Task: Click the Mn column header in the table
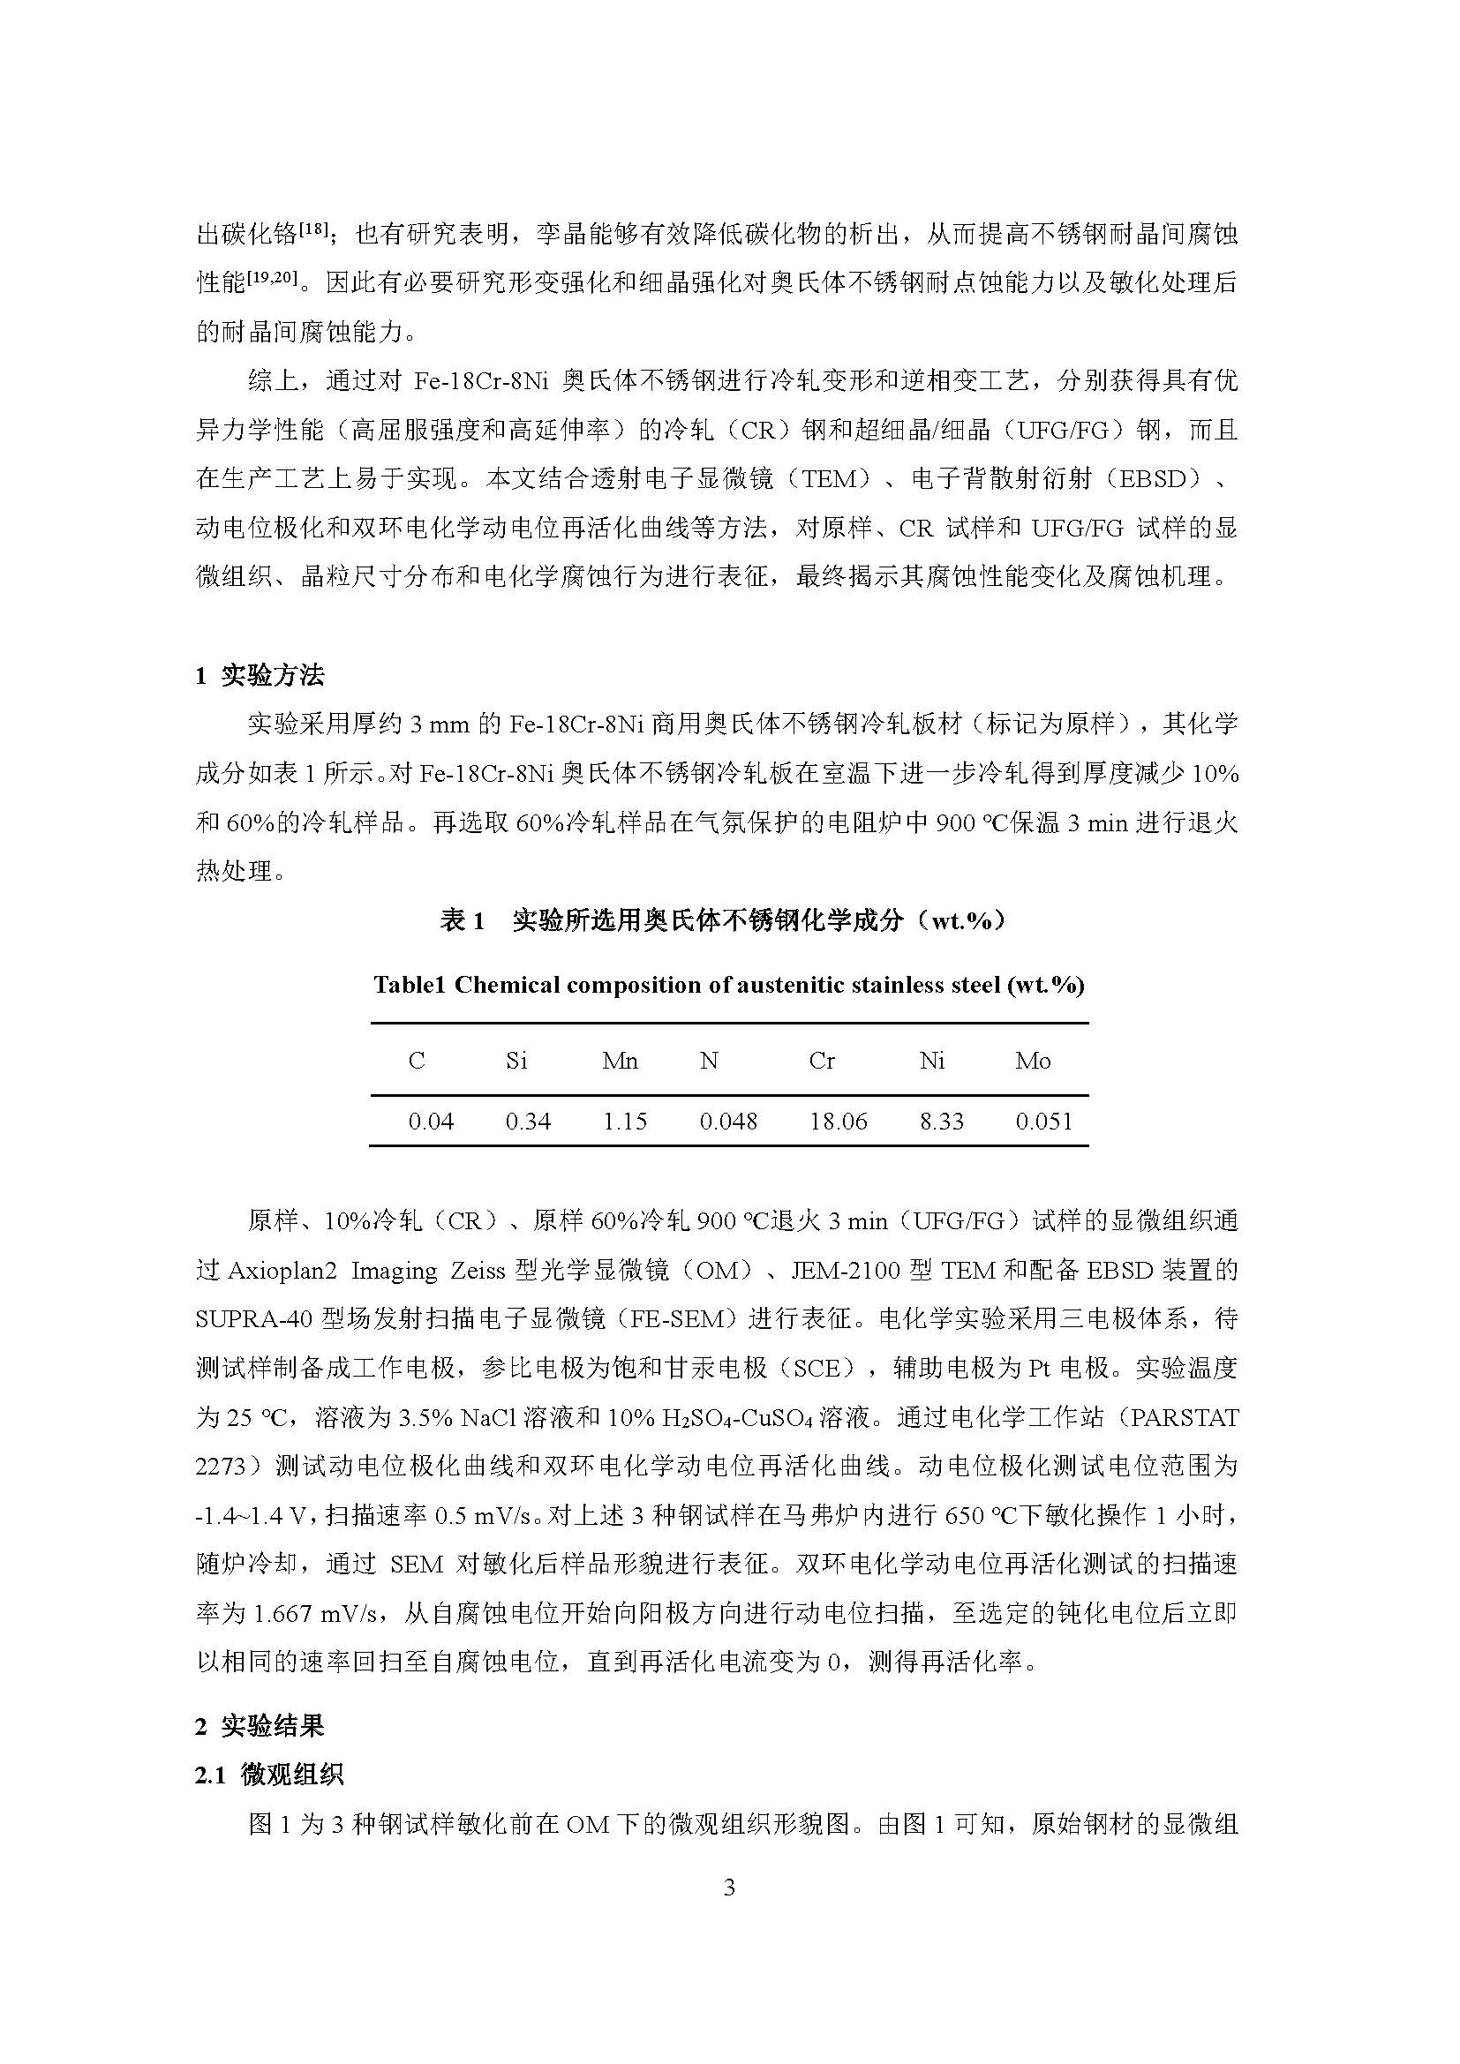click(621, 1061)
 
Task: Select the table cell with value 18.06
click(838, 1121)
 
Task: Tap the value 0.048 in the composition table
click(728, 1121)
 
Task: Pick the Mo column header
click(1033, 1061)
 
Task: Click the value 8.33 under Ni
click(941, 1121)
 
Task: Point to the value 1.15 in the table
click(625, 1121)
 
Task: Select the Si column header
click(516, 1061)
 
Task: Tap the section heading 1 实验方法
click(260, 676)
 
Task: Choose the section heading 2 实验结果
click(260, 1726)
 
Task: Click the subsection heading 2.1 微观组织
click(269, 1775)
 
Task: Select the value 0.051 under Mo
click(1043, 1121)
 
